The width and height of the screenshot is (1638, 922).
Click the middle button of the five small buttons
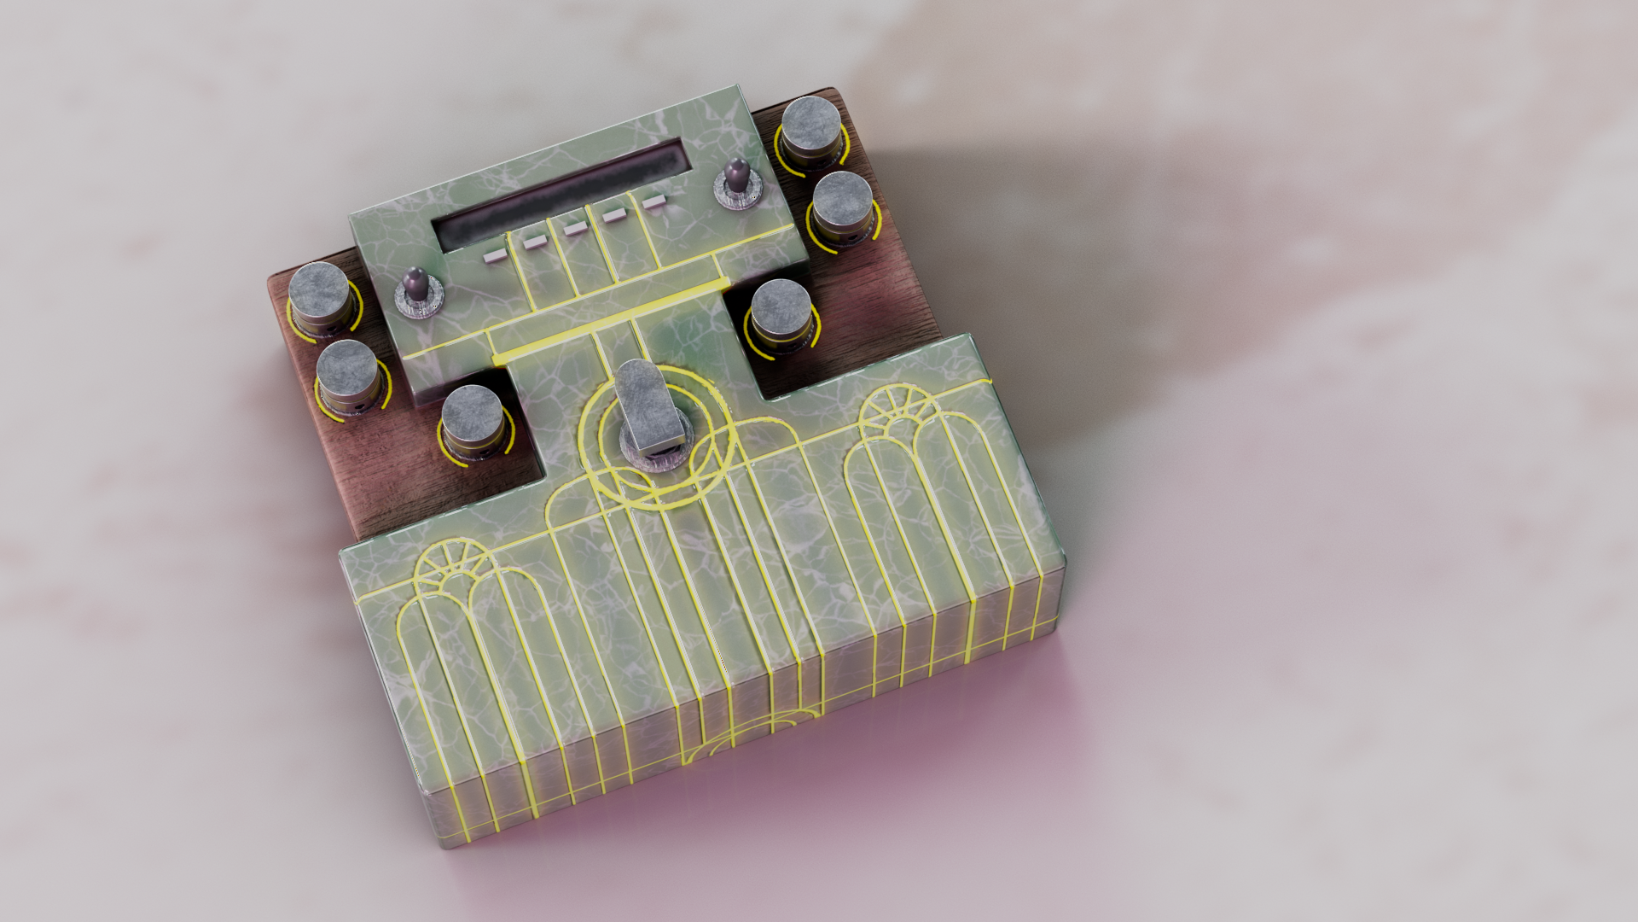point(574,229)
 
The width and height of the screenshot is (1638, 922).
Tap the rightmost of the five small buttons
point(653,203)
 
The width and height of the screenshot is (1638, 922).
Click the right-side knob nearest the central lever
point(781,309)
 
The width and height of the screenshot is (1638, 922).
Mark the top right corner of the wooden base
point(830,90)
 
